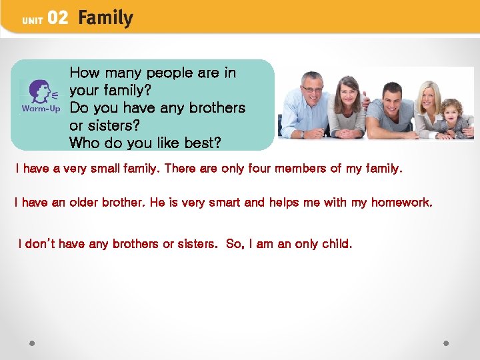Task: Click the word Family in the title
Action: [105, 18]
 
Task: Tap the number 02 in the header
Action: [57, 19]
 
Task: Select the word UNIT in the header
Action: [33, 21]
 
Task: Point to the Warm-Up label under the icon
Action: [41, 108]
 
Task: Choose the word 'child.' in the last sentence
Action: [337, 244]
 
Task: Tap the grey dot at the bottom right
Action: [446, 343]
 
